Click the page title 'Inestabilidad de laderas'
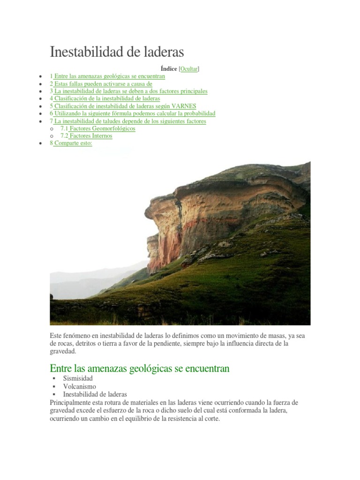[x=117, y=52]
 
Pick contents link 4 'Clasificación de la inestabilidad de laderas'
[x=105, y=98]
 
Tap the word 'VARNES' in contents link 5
[x=185, y=106]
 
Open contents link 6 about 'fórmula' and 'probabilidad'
[x=133, y=113]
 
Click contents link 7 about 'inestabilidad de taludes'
[x=128, y=121]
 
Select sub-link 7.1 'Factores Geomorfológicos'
[x=98, y=128]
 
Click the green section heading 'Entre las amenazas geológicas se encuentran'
[x=140, y=368]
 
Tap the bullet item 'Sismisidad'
[x=78, y=378]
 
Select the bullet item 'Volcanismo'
[x=79, y=386]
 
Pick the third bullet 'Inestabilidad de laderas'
[x=95, y=395]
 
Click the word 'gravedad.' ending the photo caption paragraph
[x=62, y=351]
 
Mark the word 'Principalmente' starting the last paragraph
[x=72, y=403]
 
